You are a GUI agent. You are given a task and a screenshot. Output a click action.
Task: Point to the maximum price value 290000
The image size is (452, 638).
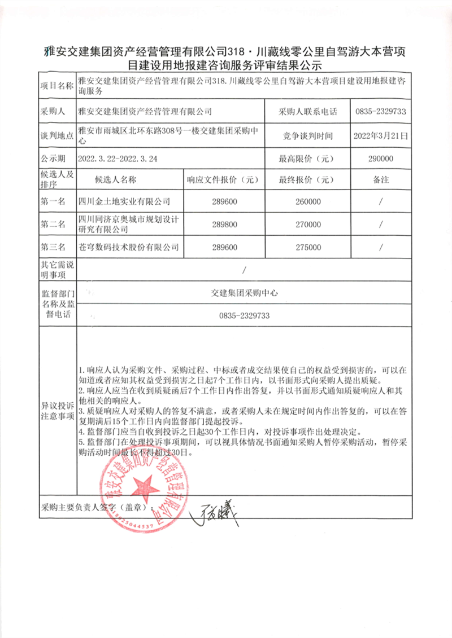[x=380, y=159]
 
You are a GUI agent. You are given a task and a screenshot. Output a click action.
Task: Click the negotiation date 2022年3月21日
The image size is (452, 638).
[x=380, y=135]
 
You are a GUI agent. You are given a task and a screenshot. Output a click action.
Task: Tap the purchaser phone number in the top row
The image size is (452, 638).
[x=381, y=112]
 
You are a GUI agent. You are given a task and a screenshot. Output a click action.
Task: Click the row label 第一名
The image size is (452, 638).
[x=53, y=201]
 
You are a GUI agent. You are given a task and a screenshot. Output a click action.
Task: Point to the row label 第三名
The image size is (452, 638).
[x=53, y=247]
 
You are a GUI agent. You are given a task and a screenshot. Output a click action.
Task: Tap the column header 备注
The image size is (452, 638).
[x=381, y=180]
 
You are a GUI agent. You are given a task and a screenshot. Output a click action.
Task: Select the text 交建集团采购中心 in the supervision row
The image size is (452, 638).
[x=244, y=293]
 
